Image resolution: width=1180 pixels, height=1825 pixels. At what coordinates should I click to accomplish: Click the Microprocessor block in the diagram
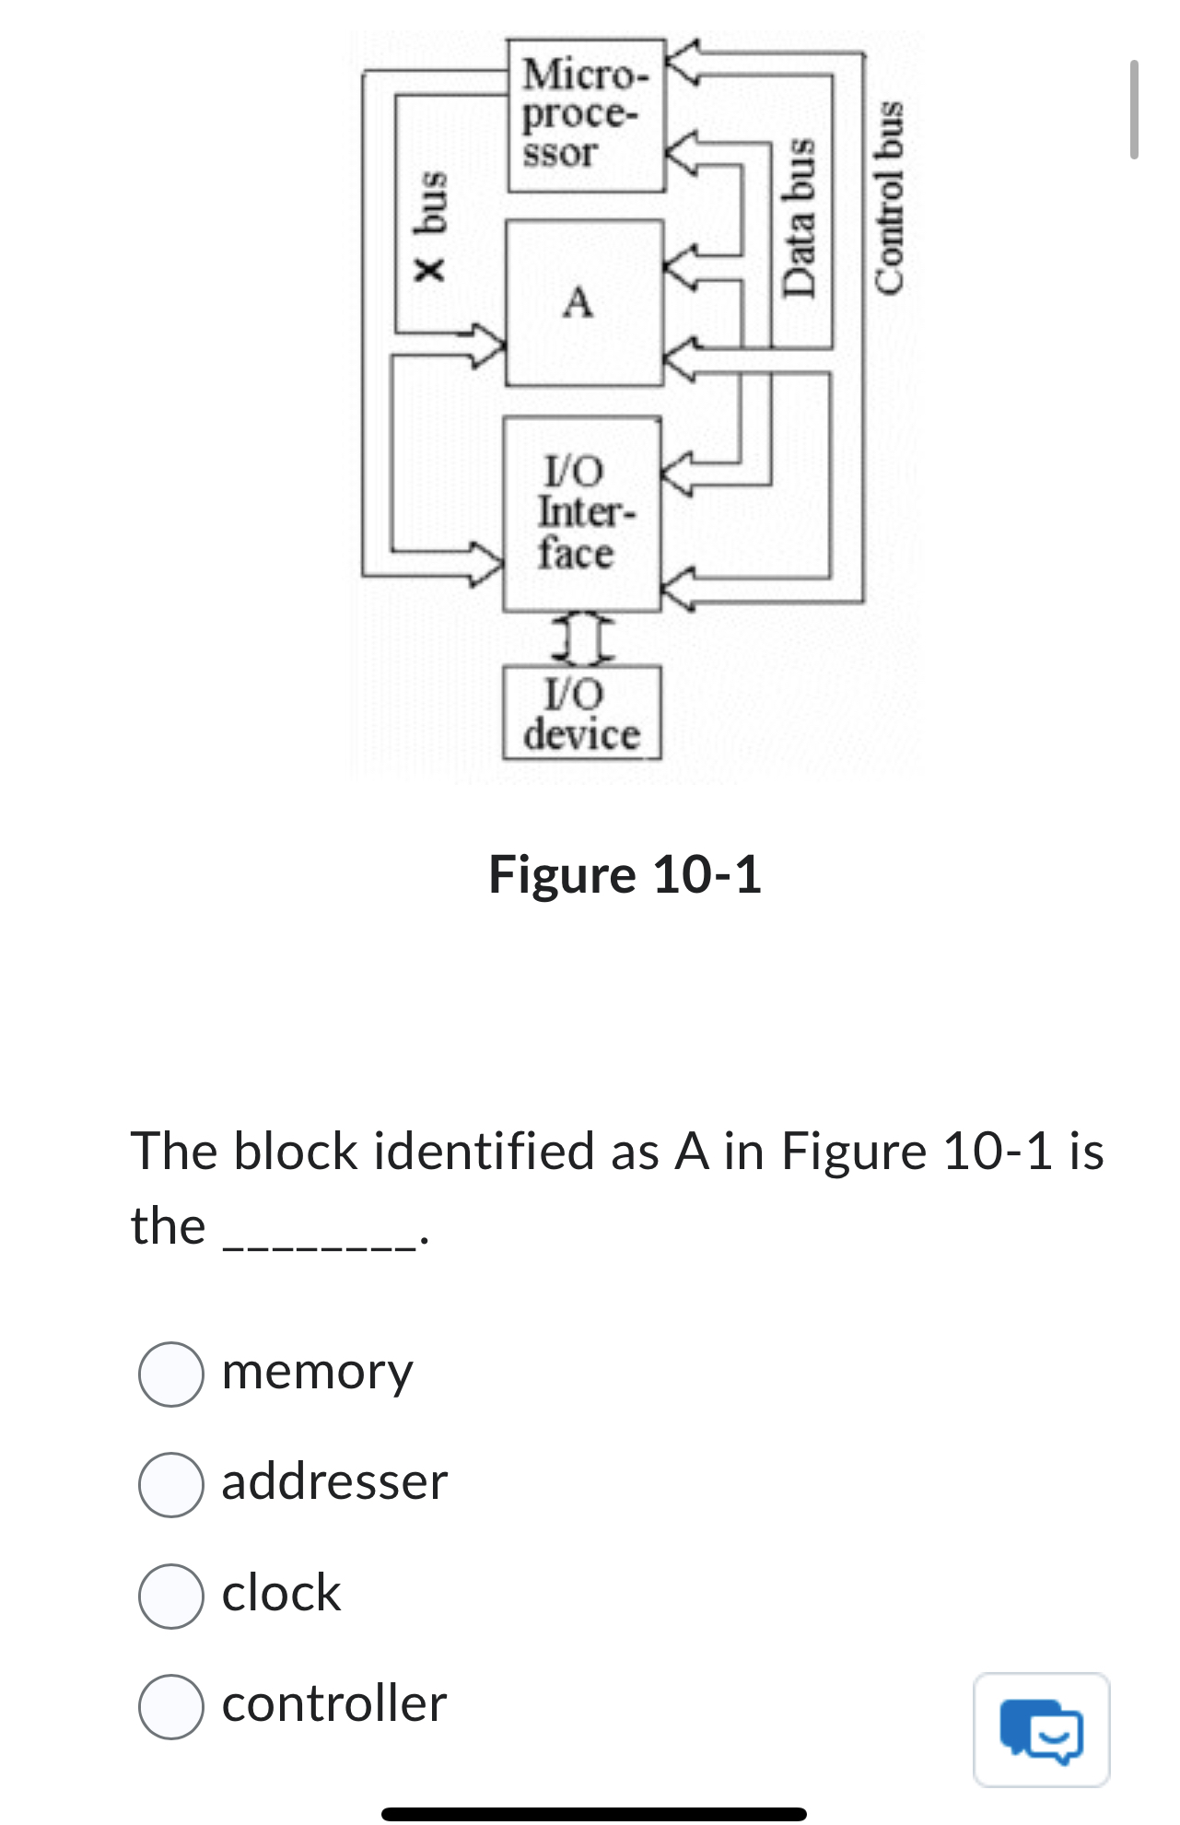586,114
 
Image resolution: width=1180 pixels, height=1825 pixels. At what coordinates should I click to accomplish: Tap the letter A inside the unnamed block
578,302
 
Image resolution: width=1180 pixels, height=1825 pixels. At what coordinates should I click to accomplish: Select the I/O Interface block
581,513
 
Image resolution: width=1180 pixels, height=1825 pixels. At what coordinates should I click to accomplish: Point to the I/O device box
581,713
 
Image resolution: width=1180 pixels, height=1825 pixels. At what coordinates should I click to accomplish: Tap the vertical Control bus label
889,197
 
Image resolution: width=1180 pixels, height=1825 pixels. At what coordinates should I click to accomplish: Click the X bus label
430,226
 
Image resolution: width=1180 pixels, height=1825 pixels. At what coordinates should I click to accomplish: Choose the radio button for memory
171,1374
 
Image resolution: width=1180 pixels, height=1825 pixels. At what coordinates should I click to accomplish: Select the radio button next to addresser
171,1484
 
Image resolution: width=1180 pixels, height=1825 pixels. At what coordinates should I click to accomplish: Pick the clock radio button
171,1595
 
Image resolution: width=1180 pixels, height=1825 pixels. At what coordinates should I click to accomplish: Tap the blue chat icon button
1042,1729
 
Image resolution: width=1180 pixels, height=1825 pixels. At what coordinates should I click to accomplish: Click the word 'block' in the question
295,1152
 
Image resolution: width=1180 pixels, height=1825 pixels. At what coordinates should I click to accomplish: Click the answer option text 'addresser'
334,1482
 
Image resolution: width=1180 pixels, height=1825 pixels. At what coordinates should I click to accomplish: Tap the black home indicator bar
593,1813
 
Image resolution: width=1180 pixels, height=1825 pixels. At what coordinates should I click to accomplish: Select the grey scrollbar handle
1134,110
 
